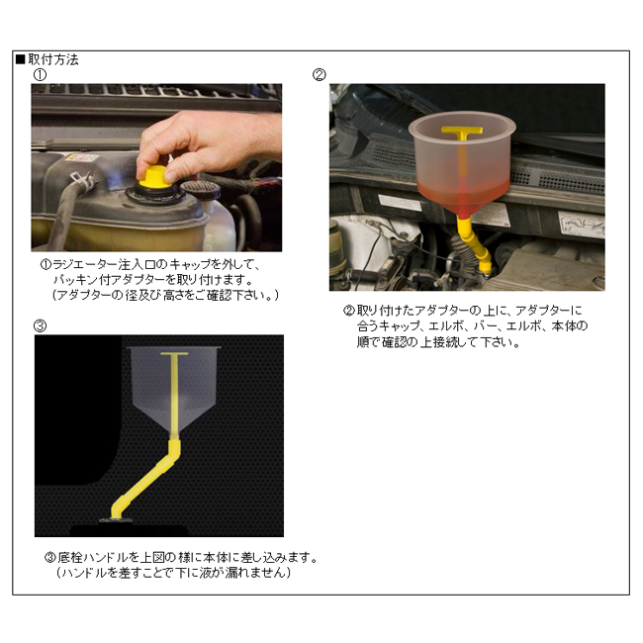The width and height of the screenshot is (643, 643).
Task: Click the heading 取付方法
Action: [x=53, y=60]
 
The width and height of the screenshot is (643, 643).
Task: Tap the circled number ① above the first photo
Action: [x=40, y=75]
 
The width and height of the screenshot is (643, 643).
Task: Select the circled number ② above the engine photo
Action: [x=320, y=75]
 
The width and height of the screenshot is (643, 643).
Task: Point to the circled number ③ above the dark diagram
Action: [x=40, y=326]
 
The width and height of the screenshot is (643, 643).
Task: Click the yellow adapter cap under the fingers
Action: [x=154, y=177]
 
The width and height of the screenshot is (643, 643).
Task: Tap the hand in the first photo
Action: [x=205, y=143]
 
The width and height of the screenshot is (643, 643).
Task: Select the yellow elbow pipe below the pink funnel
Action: [x=475, y=245]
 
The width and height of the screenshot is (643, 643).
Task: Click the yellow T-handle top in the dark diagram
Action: [x=174, y=353]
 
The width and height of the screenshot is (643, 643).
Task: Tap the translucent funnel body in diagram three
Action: [x=174, y=390]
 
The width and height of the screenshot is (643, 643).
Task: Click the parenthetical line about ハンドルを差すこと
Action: [x=173, y=573]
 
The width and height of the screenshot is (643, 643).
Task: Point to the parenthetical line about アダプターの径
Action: [x=165, y=295]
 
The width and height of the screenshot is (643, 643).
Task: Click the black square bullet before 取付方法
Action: [x=21, y=60]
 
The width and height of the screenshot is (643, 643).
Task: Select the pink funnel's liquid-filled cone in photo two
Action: [x=463, y=189]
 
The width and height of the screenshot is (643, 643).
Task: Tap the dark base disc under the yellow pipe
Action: [x=116, y=520]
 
